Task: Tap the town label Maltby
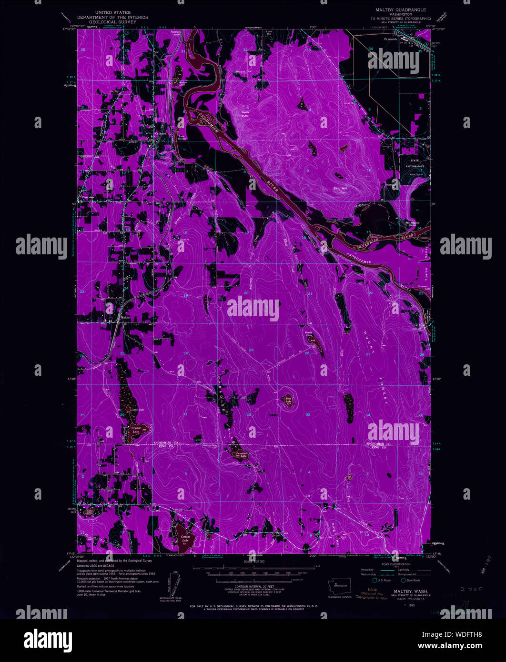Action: click(x=125, y=317)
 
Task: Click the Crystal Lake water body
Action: click(x=135, y=429)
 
